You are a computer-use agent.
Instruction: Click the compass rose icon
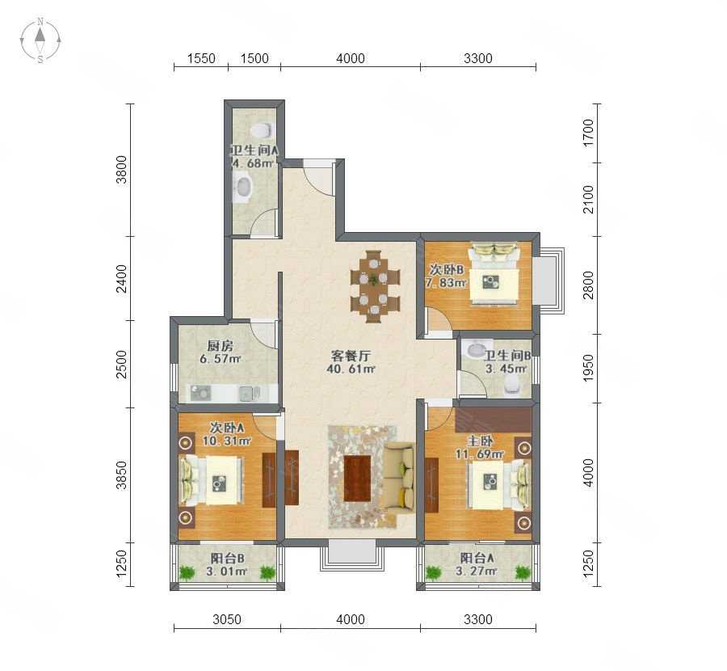tap(40, 40)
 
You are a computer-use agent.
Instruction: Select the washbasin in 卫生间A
tap(243, 187)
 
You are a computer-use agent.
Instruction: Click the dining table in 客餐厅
tap(375, 285)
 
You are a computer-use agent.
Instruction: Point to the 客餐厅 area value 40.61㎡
tap(351, 369)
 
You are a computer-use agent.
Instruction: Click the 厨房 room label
tap(221, 346)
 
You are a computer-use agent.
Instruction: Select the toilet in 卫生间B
tap(511, 384)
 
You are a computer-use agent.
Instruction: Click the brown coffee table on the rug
tap(357, 478)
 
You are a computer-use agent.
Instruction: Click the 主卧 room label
tap(480, 441)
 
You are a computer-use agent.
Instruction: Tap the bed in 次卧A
tap(212, 481)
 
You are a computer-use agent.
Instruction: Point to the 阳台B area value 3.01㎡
tap(226, 572)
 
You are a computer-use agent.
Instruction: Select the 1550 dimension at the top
tap(201, 58)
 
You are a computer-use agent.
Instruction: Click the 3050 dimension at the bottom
tap(227, 619)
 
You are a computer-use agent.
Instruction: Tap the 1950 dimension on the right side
tap(588, 368)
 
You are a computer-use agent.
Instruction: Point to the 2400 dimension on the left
tap(121, 278)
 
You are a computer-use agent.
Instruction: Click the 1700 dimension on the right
tap(588, 133)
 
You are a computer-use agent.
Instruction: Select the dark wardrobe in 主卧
tap(494, 420)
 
